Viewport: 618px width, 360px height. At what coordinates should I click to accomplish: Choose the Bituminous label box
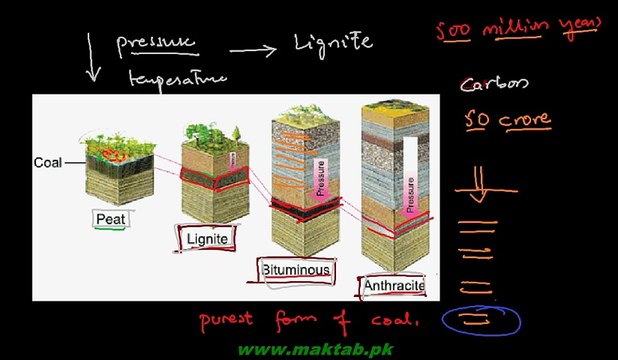point(295,270)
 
